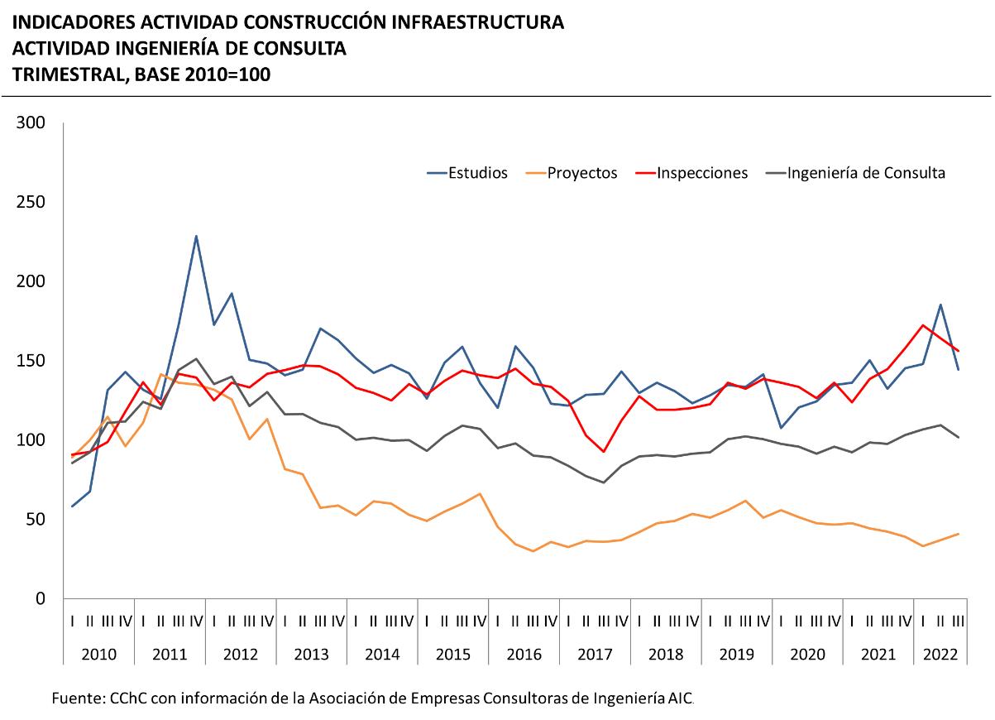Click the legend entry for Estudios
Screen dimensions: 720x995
pos(476,173)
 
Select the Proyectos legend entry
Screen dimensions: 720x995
pos(582,173)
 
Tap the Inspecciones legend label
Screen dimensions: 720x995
pos(702,173)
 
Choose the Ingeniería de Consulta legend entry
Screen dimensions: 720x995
pos(866,173)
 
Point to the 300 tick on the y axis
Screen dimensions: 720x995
pos(36,124)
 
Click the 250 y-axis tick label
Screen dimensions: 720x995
pos(36,203)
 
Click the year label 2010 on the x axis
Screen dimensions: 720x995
pos(98,655)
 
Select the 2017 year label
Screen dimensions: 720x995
pos(595,655)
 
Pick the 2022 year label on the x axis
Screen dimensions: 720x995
pos(940,655)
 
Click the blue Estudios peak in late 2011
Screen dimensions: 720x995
pos(196,236)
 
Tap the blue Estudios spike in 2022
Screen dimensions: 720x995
pos(940,305)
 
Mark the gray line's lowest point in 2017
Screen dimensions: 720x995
pos(603,482)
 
